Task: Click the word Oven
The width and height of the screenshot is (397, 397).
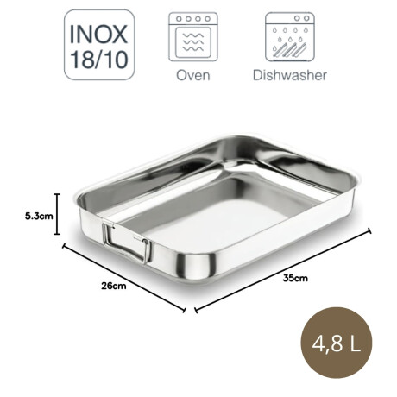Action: click(x=192, y=75)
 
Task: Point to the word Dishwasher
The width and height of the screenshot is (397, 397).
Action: click(x=289, y=75)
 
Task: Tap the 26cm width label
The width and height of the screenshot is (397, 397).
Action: click(x=114, y=286)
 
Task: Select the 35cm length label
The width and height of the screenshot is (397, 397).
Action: click(x=294, y=277)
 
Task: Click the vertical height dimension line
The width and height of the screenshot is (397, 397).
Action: click(x=57, y=214)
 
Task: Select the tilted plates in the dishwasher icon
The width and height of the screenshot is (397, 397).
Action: click(x=289, y=47)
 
